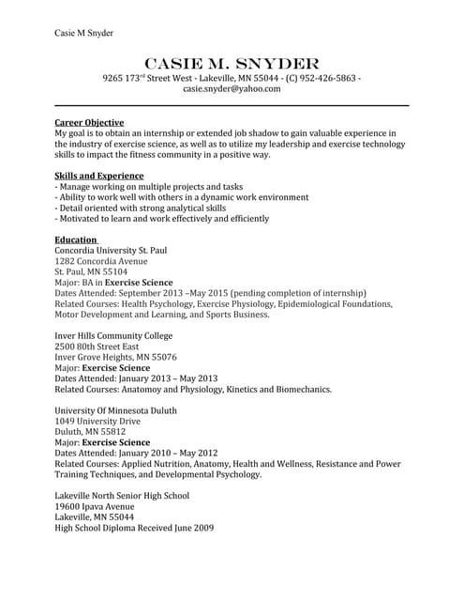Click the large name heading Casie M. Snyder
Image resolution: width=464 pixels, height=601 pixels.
click(232, 62)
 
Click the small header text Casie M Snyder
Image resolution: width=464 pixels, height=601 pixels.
click(83, 33)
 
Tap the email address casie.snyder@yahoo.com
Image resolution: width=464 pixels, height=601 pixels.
click(232, 89)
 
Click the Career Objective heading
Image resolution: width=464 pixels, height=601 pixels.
click(89, 123)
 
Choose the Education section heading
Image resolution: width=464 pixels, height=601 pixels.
click(76, 240)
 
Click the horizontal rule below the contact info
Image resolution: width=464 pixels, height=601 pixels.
click(232, 105)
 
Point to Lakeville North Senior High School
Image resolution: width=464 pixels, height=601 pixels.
click(122, 496)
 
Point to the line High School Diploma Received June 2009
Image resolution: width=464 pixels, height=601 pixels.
click(134, 528)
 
